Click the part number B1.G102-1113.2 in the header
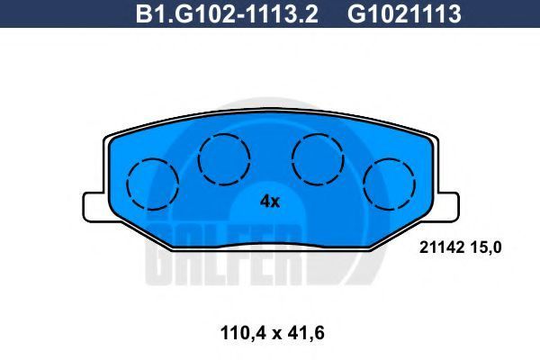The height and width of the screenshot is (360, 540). [227, 13]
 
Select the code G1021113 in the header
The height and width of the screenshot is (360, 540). [404, 13]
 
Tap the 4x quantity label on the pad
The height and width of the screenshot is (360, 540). [270, 202]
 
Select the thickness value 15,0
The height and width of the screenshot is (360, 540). [487, 247]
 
